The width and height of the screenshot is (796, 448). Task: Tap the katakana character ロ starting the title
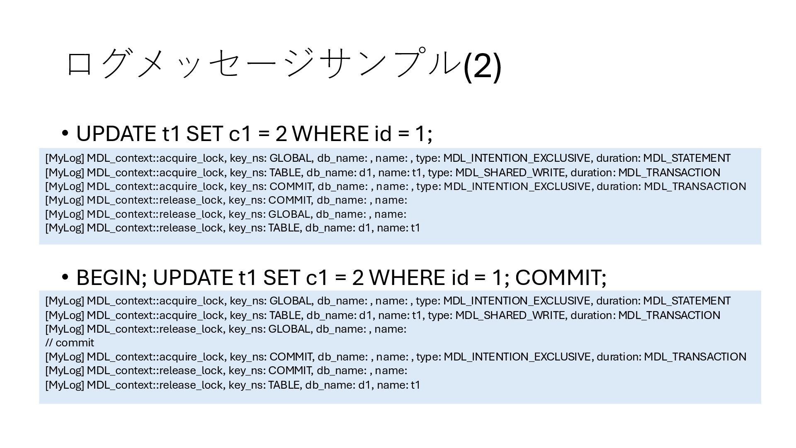tap(79, 64)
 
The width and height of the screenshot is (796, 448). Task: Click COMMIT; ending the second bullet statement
tap(561, 278)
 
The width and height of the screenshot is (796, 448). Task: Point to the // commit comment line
tap(70, 343)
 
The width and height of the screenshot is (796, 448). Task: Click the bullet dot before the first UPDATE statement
tap(65, 134)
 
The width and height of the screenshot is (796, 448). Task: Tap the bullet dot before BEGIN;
tap(65, 277)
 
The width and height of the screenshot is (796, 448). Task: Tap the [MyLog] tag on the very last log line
tap(64, 385)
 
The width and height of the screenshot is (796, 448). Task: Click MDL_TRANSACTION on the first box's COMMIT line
tap(695, 187)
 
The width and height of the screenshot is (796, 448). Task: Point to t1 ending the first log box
tap(415, 228)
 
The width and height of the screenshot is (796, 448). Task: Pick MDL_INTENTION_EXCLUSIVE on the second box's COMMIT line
tap(517, 357)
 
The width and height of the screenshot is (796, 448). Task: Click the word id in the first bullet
tap(383, 134)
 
